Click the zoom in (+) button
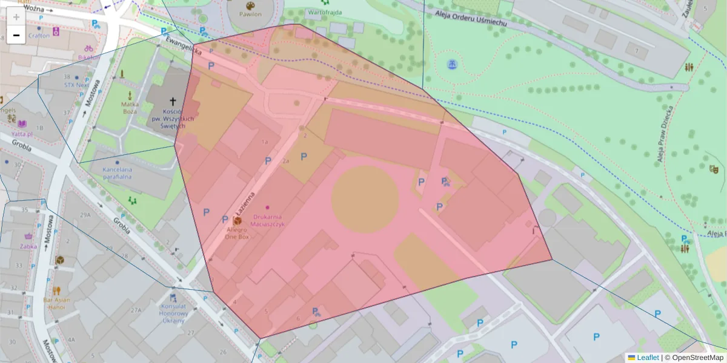tap(16, 17)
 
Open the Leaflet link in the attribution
tap(647, 358)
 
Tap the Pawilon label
tap(250, 14)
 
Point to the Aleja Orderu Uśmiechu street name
tap(475, 18)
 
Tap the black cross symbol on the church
tap(172, 102)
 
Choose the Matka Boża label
tap(130, 107)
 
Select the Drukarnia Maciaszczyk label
tap(267, 220)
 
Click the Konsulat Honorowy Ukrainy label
tap(173, 313)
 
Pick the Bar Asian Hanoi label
tap(57, 303)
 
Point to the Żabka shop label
tap(28, 246)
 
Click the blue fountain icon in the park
tap(451, 64)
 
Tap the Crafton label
tap(39, 36)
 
